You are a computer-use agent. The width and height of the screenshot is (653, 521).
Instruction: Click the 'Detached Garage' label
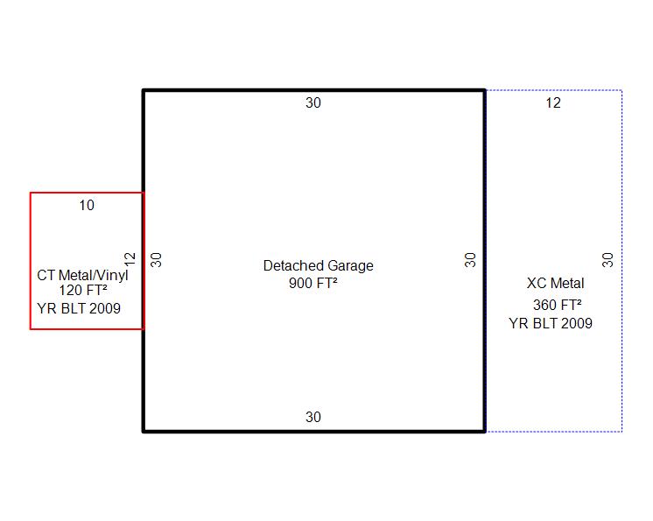coord(318,265)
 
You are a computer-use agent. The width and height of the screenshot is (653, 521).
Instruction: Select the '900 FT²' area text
coord(313,283)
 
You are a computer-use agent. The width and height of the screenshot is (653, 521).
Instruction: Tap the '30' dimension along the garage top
coord(313,102)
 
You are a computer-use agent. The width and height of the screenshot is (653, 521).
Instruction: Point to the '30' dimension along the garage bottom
coord(313,418)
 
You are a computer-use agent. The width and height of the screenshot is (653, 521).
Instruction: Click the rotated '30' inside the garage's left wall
coord(158,260)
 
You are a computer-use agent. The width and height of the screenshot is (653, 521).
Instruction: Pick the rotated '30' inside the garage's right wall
coord(471,260)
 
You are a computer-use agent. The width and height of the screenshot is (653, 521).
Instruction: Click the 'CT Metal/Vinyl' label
coord(82,275)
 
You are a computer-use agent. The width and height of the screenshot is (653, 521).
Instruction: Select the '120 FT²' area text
coord(82,291)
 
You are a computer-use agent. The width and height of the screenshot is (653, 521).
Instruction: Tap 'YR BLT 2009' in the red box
coord(79,308)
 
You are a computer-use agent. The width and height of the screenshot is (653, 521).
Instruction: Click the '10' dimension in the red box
coord(86,206)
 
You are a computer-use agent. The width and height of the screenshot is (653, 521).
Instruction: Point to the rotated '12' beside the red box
coord(131,260)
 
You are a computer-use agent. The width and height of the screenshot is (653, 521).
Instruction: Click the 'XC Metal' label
coord(555,284)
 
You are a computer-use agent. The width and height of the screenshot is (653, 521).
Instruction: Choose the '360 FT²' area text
coord(558,306)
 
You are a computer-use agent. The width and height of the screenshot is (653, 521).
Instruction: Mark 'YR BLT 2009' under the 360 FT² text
coord(551,323)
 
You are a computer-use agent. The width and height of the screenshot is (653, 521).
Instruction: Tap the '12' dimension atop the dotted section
coord(553,103)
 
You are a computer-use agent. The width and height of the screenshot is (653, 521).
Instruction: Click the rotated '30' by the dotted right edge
coord(608,260)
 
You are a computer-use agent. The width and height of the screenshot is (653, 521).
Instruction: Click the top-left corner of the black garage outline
coord(144,90)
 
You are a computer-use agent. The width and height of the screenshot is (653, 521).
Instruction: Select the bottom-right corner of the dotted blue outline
coord(621,431)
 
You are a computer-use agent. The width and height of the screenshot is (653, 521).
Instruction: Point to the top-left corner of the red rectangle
coord(31,193)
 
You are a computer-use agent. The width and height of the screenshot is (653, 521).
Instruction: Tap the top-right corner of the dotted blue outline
coord(621,90)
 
